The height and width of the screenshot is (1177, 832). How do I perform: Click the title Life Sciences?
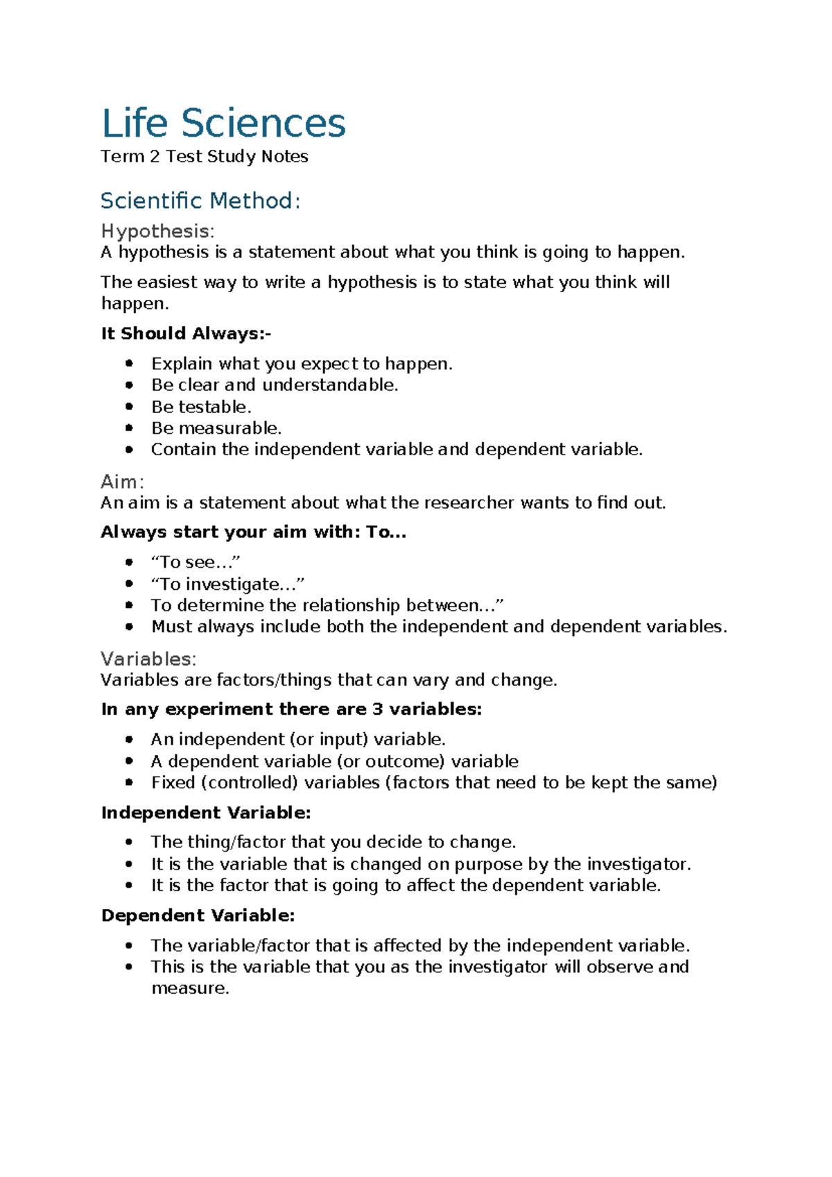223,124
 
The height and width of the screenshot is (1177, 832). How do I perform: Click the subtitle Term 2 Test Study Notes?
204,157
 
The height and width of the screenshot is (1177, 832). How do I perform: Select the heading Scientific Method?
200,201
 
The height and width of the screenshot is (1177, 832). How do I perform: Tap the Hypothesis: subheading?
157,231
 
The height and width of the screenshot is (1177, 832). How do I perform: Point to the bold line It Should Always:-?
186,334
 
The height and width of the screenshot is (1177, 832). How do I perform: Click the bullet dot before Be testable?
129,407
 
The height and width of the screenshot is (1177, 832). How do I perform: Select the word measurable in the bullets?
239,428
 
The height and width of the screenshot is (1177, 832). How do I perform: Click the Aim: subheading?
122,482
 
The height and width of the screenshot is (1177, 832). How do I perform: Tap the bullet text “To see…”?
196,562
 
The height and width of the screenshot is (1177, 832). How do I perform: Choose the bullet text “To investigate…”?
227,584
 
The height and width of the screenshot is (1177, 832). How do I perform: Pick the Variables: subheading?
148,659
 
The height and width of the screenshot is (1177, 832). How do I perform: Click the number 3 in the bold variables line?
377,709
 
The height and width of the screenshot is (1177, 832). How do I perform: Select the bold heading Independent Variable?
206,813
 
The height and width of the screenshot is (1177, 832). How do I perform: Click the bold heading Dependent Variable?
198,916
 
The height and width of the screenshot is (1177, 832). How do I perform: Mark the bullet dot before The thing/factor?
129,842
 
